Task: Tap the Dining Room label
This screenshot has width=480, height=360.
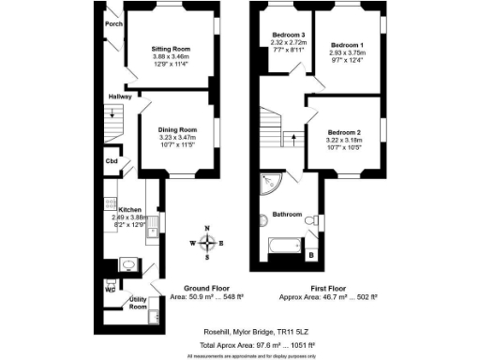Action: point(176,129)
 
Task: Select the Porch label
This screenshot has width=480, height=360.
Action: point(114,24)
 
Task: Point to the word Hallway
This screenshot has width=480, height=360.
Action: point(118,97)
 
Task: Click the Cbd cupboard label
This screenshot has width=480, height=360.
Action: point(112,161)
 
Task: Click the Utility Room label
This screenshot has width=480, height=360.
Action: point(138,302)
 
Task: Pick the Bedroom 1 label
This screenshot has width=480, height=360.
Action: point(347,45)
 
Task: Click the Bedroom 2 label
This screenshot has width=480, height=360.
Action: point(345,133)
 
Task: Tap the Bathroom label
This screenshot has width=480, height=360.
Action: point(286,215)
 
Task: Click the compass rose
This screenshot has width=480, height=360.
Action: point(207,243)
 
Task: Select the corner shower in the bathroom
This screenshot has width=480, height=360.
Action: point(271,182)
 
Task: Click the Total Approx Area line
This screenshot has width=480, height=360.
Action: point(240,344)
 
